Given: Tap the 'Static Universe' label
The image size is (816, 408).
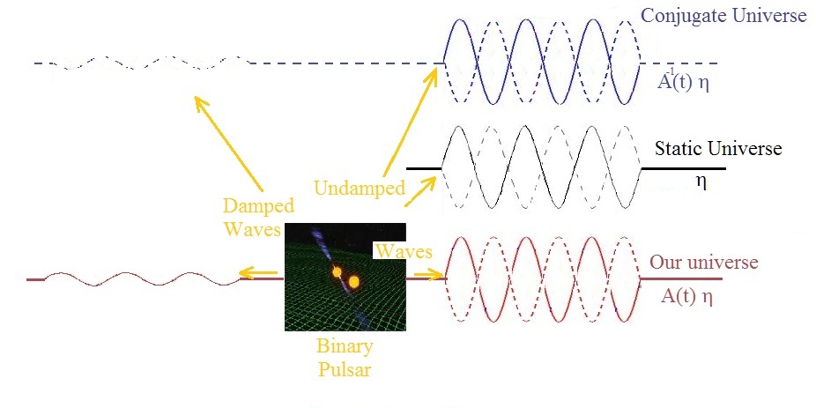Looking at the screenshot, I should point(717,148).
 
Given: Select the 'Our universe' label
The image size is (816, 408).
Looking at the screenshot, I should point(703,263).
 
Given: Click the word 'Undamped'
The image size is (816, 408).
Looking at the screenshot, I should point(358,188).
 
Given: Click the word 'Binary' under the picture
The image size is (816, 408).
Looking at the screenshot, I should point(344,346).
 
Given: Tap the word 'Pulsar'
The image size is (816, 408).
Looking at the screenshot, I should point(344,369).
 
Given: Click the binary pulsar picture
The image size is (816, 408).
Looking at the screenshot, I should point(344,275).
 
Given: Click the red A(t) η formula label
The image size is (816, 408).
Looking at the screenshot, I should point(686,296).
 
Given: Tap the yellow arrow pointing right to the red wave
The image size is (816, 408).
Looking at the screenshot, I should point(429,275).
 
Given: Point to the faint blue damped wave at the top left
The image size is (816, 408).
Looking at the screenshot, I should point(141,63).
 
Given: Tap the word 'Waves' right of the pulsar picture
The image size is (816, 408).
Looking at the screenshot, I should point(404,251).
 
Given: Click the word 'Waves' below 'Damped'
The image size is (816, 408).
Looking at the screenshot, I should point(253,229).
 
